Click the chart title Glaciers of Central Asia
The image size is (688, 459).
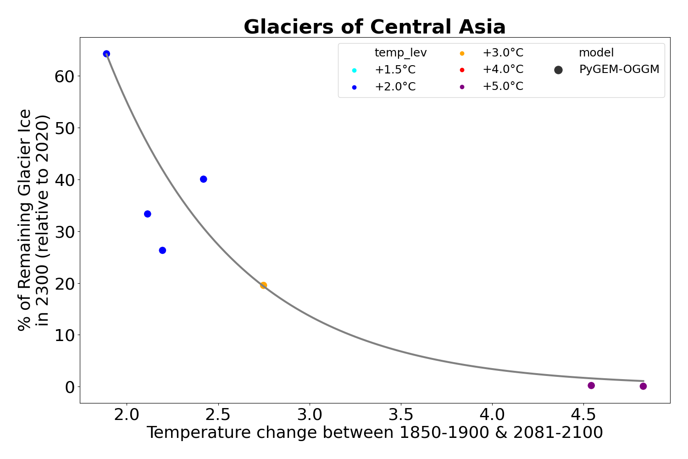point(374,27)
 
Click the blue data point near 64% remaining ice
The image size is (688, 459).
point(106,54)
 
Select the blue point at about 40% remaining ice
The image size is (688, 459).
point(203,179)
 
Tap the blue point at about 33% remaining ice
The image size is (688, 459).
point(147,214)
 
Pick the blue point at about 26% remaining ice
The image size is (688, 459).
point(162,250)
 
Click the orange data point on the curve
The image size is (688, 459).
point(263,285)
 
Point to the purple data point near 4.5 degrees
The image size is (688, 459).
point(591,386)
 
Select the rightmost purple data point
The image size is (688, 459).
point(643,386)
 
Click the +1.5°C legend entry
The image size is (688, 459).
point(394,70)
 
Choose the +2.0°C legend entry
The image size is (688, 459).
point(394,87)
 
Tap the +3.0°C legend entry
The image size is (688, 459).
point(502,53)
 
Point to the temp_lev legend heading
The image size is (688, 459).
point(400,53)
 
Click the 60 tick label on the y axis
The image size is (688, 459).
point(64,76)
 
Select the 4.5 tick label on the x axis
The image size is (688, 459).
point(583,415)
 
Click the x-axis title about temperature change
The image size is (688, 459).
point(374,433)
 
